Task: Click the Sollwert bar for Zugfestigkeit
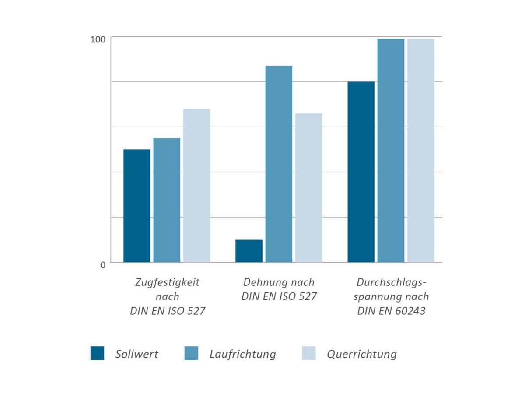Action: coord(137,206)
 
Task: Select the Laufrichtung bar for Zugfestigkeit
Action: coord(167,200)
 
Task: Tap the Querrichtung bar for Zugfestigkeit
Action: coord(196,185)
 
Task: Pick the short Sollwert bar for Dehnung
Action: coord(249,251)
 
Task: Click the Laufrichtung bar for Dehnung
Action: coord(279,164)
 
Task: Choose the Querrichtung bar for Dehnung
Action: coord(308,188)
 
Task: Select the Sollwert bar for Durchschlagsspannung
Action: coord(361,172)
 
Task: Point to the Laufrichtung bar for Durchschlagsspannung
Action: coord(391,150)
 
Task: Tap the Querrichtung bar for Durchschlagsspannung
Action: coord(420,150)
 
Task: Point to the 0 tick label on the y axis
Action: coord(103,265)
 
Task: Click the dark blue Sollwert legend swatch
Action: coord(97,353)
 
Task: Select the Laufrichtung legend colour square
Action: coord(191,353)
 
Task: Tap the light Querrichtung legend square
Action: coord(308,353)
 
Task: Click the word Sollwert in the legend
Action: coord(137,354)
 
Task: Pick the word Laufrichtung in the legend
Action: coord(243,354)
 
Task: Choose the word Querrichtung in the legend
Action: coord(362,354)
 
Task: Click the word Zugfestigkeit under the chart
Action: coord(168,282)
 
